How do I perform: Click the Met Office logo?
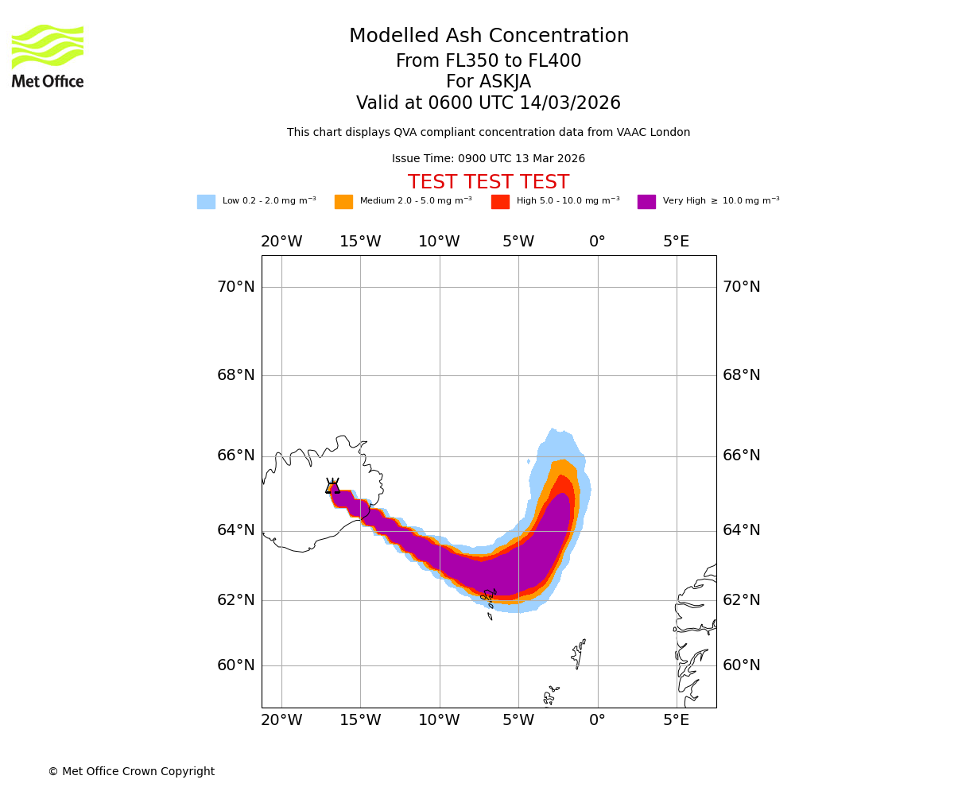tap(48, 56)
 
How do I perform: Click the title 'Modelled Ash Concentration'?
tap(489, 37)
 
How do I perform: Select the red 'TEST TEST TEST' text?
tap(488, 183)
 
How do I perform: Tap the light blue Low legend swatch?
tap(206, 202)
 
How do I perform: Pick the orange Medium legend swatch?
tap(343, 202)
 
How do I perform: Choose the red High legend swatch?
tap(500, 202)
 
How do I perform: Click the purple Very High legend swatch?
tap(646, 202)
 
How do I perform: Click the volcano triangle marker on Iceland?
tap(332, 487)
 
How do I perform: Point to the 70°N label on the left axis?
tap(236, 287)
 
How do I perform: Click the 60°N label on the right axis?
tap(741, 665)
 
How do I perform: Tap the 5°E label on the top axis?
tap(677, 242)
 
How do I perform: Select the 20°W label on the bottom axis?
tap(281, 720)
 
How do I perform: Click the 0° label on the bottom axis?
tap(597, 720)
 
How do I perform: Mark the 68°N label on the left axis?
tap(236, 375)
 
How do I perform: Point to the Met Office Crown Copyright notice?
tap(131, 772)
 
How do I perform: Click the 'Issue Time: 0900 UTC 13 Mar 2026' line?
tap(488, 159)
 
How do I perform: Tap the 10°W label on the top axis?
tap(439, 242)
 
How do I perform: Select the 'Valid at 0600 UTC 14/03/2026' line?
tap(488, 103)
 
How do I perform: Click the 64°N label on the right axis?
tap(741, 530)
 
